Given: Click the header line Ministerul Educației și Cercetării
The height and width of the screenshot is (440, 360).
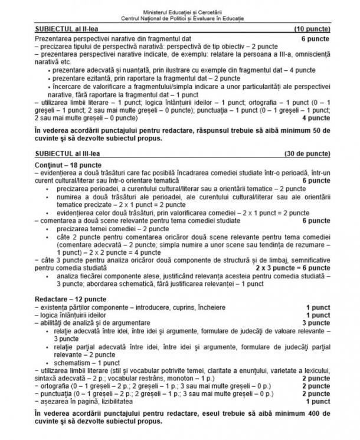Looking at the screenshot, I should pyautogui.click(x=181, y=12).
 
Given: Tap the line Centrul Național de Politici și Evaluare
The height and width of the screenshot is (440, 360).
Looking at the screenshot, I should pyautogui.click(x=181, y=18).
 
